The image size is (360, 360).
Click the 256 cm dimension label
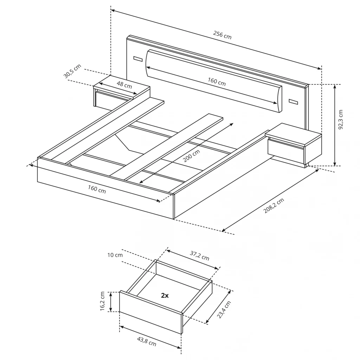pyautogui.click(x=222, y=35)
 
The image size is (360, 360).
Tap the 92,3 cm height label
pyautogui.click(x=340, y=120)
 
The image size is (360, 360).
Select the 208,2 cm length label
pyautogui.click(x=274, y=205)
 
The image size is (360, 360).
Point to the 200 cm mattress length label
pyautogui.click(x=192, y=155)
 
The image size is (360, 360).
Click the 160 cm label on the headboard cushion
pyautogui.click(x=217, y=82)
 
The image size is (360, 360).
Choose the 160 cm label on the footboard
pyautogui.click(x=97, y=189)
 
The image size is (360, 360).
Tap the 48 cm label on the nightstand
pyautogui.click(x=124, y=85)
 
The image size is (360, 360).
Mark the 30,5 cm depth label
pyautogui.click(x=72, y=71)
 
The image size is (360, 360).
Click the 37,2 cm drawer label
pyautogui.click(x=200, y=256)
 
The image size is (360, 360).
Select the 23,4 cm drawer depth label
pyautogui.click(x=224, y=309)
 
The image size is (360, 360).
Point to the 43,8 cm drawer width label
pyautogui.click(x=147, y=341)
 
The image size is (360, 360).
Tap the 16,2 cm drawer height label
pyautogui.click(x=102, y=301)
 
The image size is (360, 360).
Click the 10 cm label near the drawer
pyautogui.click(x=115, y=255)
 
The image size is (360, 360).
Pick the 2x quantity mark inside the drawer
pyautogui.click(x=165, y=295)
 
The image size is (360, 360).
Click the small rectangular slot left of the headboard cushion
pyautogui.click(x=138, y=59)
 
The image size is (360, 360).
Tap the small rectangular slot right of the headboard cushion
pyautogui.click(x=293, y=102)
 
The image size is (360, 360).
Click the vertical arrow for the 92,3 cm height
pyautogui.click(x=335, y=125)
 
